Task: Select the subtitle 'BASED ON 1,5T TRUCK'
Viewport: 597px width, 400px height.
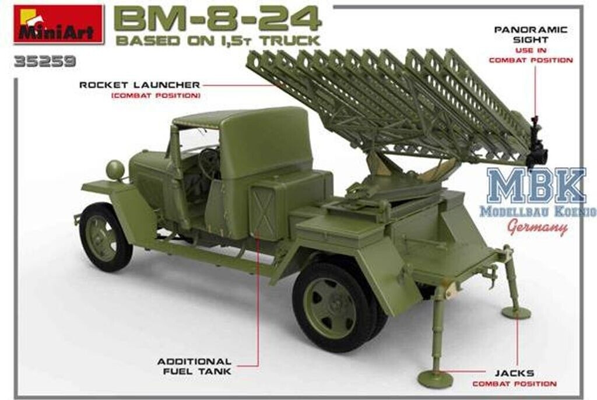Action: coord(217,41)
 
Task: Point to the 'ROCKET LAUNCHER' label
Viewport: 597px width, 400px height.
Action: coord(140,85)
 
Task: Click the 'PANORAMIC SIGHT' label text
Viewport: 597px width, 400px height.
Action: coord(531,34)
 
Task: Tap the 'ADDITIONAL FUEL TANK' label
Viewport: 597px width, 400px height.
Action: coord(194,366)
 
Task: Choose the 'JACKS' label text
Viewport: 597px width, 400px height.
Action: coord(515,373)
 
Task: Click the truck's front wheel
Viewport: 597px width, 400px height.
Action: coord(105,237)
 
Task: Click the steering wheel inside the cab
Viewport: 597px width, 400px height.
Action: coord(209,163)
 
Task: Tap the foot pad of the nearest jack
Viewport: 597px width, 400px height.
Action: coord(435,379)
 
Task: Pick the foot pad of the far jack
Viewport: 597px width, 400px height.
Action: coord(515,313)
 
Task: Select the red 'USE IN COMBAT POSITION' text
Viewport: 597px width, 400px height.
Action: coord(531,56)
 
